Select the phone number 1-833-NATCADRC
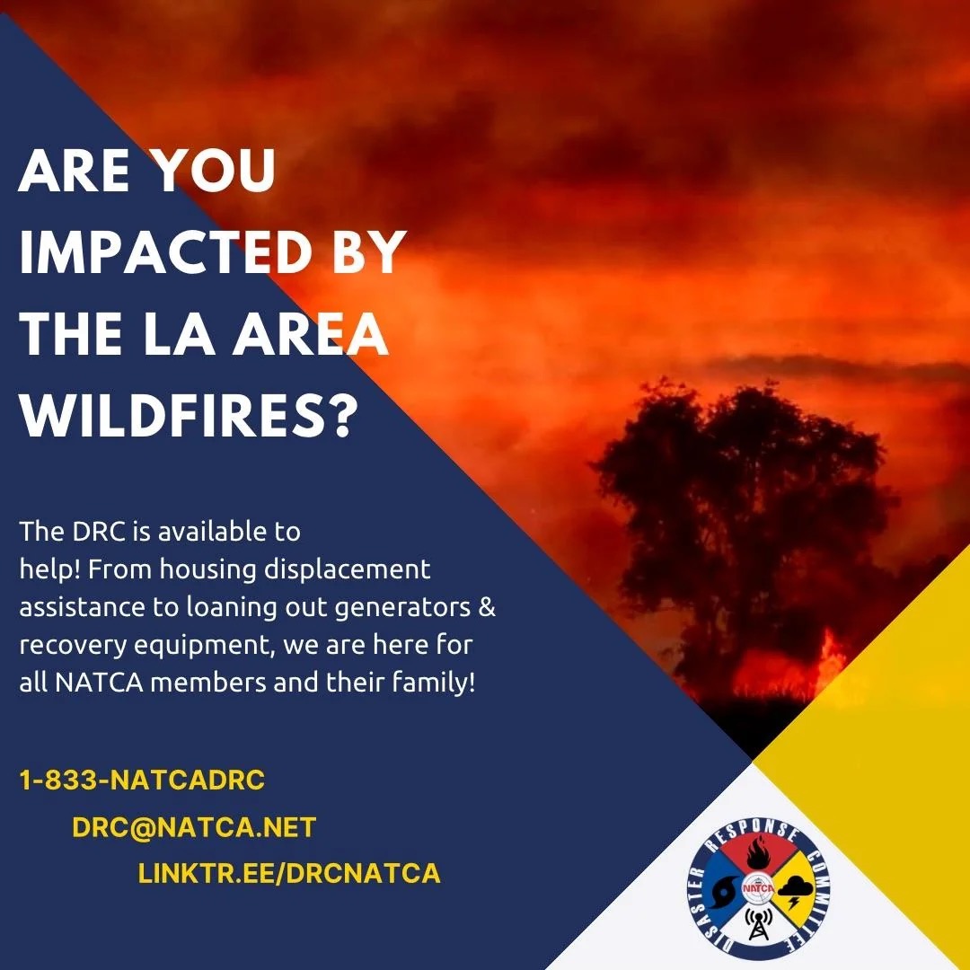[142, 780]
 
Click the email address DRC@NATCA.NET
[194, 826]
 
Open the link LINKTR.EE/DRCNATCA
[289, 873]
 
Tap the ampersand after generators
[488, 607]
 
